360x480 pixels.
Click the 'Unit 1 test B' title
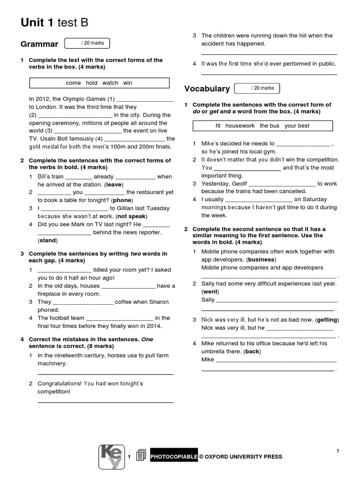(54, 23)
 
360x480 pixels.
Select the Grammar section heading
(39, 45)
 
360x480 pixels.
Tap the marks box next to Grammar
(87, 44)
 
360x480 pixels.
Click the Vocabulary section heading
(207, 89)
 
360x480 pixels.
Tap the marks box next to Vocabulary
(256, 88)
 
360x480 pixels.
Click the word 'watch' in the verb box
(110, 83)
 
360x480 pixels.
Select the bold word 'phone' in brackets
(122, 200)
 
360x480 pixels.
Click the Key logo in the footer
(112, 457)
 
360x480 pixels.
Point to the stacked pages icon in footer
(140, 457)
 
